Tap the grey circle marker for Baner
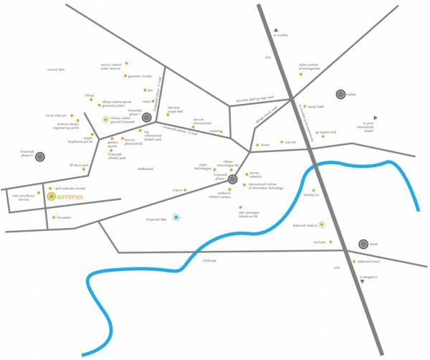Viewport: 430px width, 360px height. point(363,245)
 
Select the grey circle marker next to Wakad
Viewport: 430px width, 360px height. point(341,94)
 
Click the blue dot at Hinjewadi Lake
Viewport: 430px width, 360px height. point(177,217)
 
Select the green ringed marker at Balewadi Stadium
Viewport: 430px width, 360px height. point(322,225)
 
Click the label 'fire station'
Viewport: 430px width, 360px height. point(62,217)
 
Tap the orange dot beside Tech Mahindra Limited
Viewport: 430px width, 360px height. point(49,188)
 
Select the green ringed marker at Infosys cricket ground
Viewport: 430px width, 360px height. point(105,119)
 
